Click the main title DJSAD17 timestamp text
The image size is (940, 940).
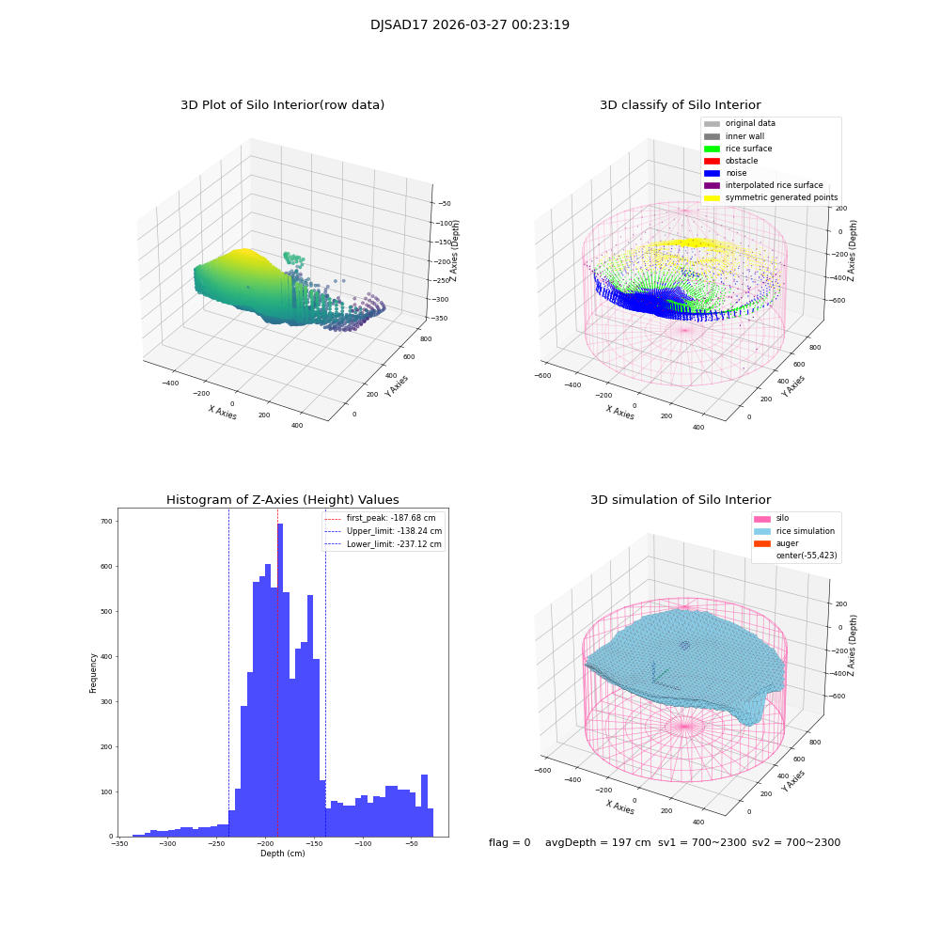470,25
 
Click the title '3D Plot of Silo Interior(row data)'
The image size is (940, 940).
282,105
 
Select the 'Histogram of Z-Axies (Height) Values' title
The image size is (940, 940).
282,500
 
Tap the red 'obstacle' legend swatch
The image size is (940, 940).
712,161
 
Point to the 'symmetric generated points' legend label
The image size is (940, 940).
781,198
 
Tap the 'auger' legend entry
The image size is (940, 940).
787,543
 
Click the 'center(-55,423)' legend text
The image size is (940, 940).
806,556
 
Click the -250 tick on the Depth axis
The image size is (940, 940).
216,844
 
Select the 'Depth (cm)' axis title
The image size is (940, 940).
282,854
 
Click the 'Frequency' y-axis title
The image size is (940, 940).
93,673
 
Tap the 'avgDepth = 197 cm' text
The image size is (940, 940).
598,843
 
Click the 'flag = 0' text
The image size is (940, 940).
509,843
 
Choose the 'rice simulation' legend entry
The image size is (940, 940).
805,531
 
